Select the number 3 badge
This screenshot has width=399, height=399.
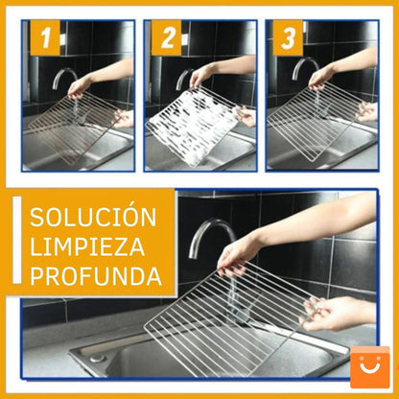pos(287,39)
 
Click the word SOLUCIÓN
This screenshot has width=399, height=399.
pos(92,218)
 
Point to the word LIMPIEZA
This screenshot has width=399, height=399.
pos(86,246)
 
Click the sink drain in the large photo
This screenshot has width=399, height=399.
pos(97,358)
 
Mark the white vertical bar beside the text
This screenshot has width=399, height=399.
pos(16,247)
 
